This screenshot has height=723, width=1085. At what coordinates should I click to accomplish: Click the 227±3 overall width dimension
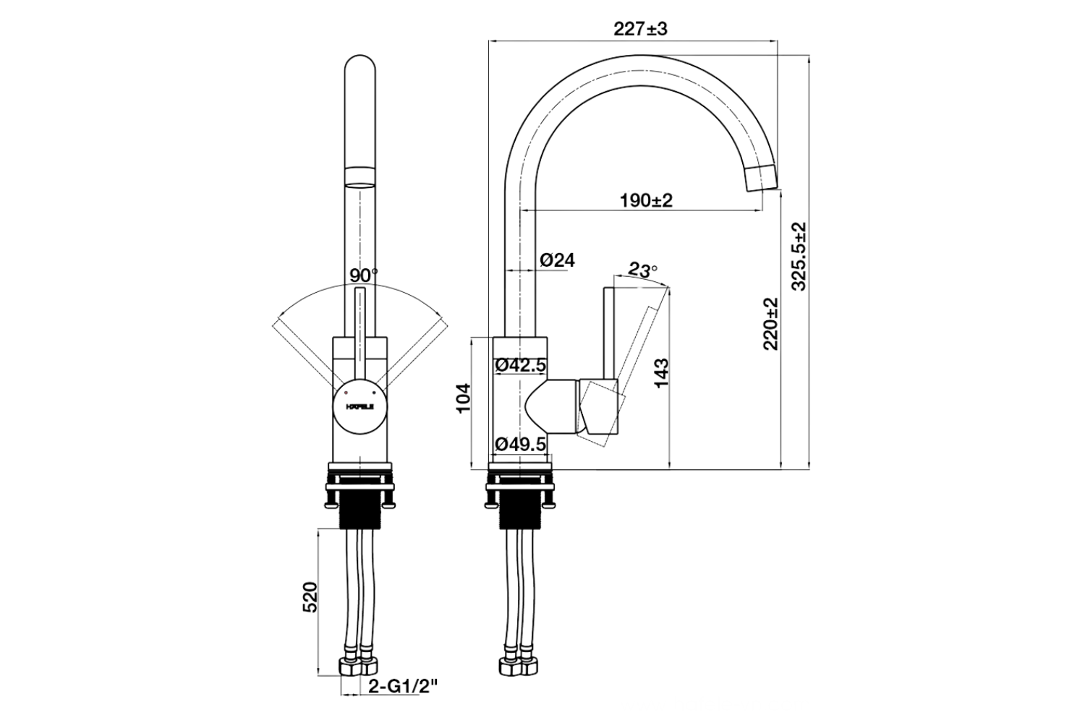tap(639, 30)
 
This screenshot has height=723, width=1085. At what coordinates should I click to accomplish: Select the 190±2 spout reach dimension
tap(646, 200)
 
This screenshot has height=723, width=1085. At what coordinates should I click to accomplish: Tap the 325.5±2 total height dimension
tap(799, 256)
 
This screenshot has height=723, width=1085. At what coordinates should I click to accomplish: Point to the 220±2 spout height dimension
tap(771, 323)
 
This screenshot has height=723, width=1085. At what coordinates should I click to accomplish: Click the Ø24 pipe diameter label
tap(557, 260)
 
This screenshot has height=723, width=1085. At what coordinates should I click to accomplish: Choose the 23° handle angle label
tap(642, 270)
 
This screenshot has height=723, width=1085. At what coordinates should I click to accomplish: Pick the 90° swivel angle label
tap(363, 275)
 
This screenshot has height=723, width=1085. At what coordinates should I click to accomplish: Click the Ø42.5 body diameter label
tap(521, 366)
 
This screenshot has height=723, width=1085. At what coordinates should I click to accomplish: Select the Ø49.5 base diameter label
tap(521, 445)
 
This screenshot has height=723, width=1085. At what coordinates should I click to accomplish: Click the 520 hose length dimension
tap(310, 596)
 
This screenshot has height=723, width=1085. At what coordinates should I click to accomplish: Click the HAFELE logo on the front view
tap(359, 407)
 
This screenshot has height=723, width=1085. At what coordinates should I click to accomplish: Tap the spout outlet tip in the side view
tap(759, 176)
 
